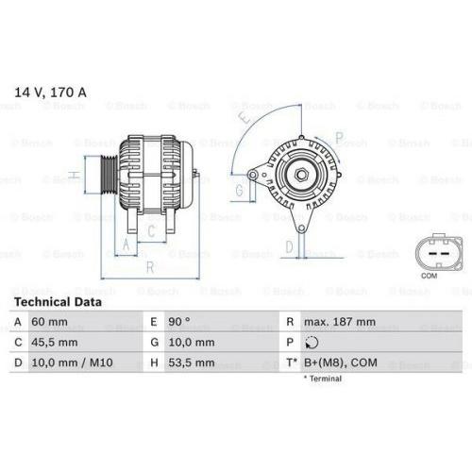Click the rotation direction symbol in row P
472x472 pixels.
pos(314,343)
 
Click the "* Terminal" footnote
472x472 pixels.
pos(324,379)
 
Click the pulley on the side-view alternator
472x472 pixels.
pos(107,175)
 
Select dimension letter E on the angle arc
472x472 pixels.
pos(244,120)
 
